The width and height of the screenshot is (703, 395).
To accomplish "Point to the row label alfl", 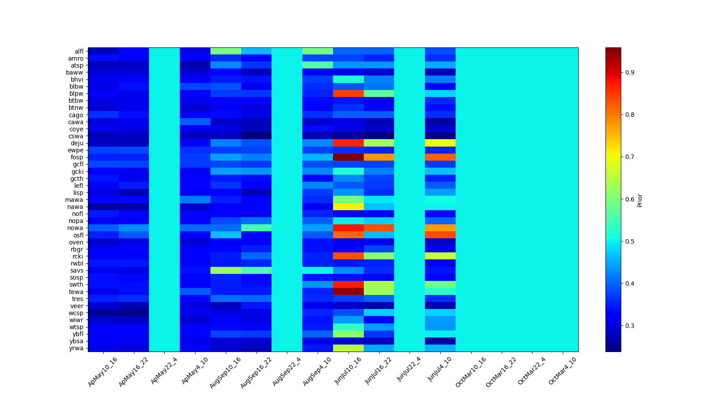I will (79, 51).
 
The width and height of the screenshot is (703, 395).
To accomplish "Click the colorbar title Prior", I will (640, 200).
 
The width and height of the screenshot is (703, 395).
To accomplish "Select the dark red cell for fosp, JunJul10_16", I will (348, 157).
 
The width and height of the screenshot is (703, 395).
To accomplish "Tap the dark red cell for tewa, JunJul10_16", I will (348, 291).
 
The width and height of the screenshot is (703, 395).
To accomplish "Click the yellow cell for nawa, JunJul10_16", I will (348, 207).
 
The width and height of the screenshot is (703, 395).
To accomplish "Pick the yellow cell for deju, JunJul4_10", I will (440, 143).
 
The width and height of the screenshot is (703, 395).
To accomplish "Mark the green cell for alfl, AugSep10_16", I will (226, 51).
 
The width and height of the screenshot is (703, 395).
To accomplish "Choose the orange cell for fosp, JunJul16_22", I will (379, 157).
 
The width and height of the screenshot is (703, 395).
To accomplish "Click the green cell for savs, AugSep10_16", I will (226, 270).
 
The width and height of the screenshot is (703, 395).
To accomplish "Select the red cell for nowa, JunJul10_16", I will (348, 228).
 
